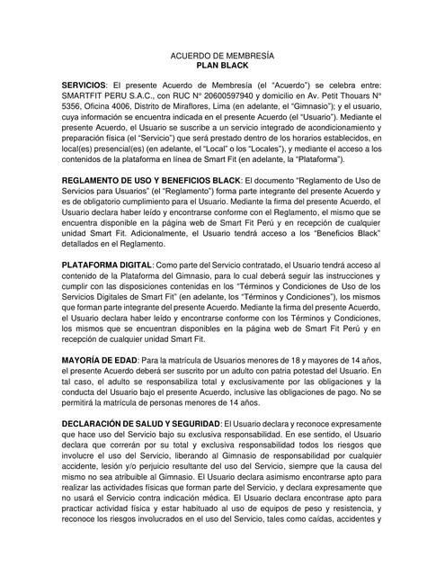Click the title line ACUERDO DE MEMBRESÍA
[x=222, y=56]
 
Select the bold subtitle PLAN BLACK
[x=222, y=66]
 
